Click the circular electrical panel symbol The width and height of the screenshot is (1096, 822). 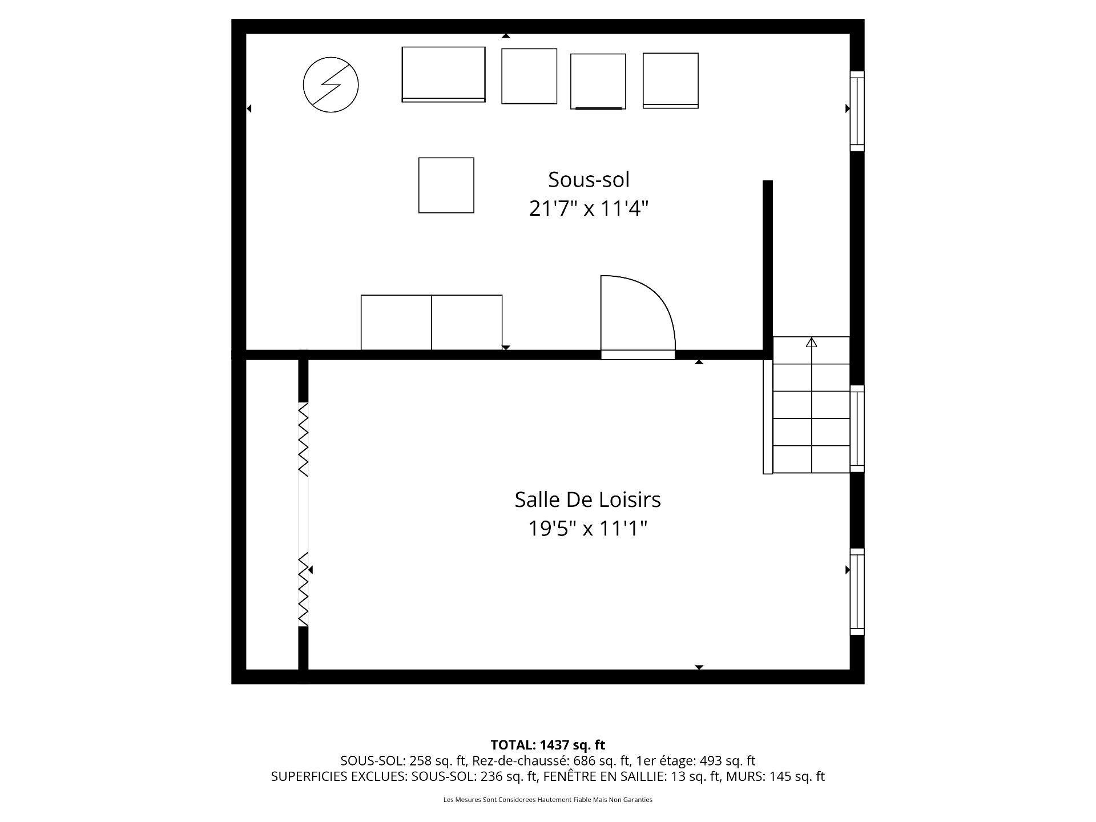[331, 84]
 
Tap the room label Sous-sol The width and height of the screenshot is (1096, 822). [589, 180]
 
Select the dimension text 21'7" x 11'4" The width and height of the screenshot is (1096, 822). [589, 209]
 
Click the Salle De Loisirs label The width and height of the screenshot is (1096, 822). [587, 499]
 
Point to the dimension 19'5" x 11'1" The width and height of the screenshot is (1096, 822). [587, 529]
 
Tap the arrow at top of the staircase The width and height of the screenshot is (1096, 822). [811, 342]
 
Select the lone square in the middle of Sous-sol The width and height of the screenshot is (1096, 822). [446, 185]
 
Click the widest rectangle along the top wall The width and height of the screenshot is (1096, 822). [444, 74]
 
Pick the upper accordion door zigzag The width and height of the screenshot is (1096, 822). [304, 439]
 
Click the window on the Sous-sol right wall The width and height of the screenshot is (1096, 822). [857, 111]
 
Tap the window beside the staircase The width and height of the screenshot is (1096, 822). [857, 428]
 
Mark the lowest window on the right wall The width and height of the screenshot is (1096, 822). [857, 591]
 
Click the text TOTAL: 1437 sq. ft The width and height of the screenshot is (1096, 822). [547, 745]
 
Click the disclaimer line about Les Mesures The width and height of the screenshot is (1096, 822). [547, 800]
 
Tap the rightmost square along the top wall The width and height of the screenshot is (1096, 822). [670, 80]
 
